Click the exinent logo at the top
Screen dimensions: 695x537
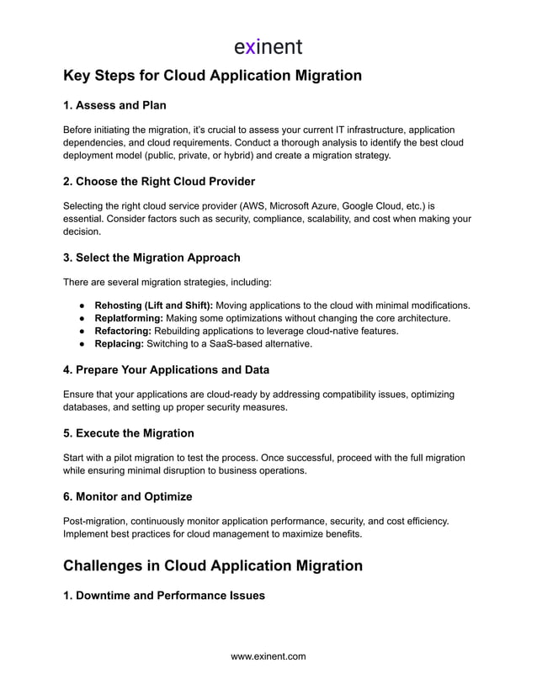point(268,45)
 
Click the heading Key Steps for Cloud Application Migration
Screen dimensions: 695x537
point(212,76)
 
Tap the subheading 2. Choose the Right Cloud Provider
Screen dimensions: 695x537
point(159,181)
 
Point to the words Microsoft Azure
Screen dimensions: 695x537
point(308,204)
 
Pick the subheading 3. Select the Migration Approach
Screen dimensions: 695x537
point(152,257)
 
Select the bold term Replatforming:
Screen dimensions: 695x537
point(129,318)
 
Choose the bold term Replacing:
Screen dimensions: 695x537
point(119,345)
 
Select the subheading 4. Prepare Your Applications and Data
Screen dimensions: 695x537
point(166,369)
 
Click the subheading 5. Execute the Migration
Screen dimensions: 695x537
point(129,433)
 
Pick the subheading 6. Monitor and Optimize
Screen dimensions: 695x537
point(128,496)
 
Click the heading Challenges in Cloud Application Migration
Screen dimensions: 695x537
point(213,565)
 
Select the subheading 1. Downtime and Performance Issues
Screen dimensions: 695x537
point(164,596)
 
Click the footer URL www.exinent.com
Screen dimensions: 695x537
point(268,656)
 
